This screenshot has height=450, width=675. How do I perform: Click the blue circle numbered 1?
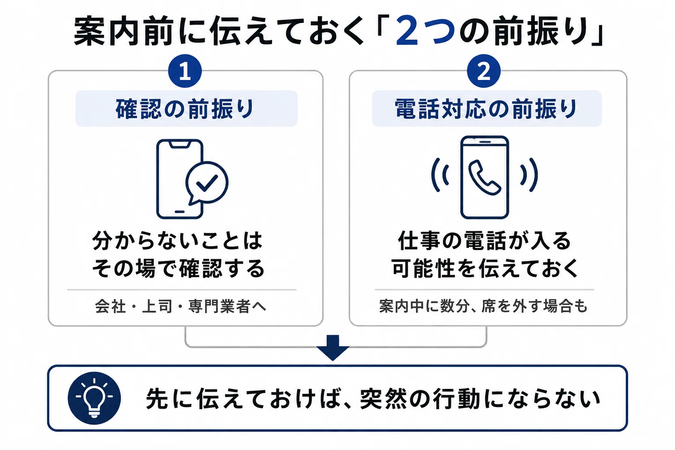pyautogui.click(x=185, y=71)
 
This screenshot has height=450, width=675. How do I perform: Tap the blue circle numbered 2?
pyautogui.click(x=484, y=71)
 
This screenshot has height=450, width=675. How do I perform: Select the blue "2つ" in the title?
pyautogui.click(x=425, y=31)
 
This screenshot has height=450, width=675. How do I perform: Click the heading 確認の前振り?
pyautogui.click(x=185, y=109)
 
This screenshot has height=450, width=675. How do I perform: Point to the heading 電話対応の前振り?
pyautogui.click(x=486, y=109)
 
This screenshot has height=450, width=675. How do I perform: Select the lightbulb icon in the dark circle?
pyautogui.click(x=94, y=398)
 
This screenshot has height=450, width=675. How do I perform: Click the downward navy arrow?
pyautogui.click(x=333, y=348)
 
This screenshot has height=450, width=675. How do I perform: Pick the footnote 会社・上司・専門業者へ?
pyautogui.click(x=181, y=306)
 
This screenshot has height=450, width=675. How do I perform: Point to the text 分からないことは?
pyautogui.click(x=177, y=241)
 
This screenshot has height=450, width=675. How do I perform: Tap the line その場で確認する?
pyautogui.click(x=178, y=268)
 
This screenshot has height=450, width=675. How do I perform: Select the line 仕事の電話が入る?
pyautogui.click(x=485, y=241)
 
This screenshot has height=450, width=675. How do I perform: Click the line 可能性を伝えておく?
pyautogui.click(x=485, y=268)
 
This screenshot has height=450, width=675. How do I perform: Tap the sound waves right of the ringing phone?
pyautogui.click(x=529, y=175)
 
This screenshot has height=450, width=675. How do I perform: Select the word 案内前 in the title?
pyautogui.click(x=123, y=31)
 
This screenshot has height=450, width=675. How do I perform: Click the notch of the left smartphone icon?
pyautogui.click(x=180, y=144)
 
